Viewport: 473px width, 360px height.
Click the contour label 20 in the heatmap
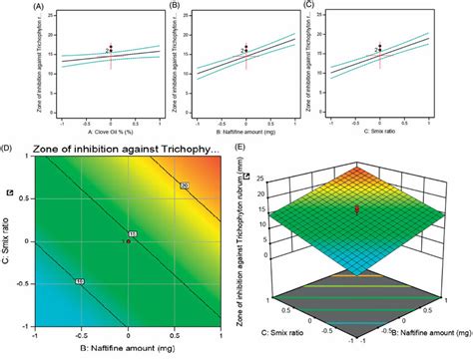[x=185, y=187]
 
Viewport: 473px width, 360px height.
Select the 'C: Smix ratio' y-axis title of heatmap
[x=9, y=240]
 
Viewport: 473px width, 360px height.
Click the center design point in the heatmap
[x=128, y=241]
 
